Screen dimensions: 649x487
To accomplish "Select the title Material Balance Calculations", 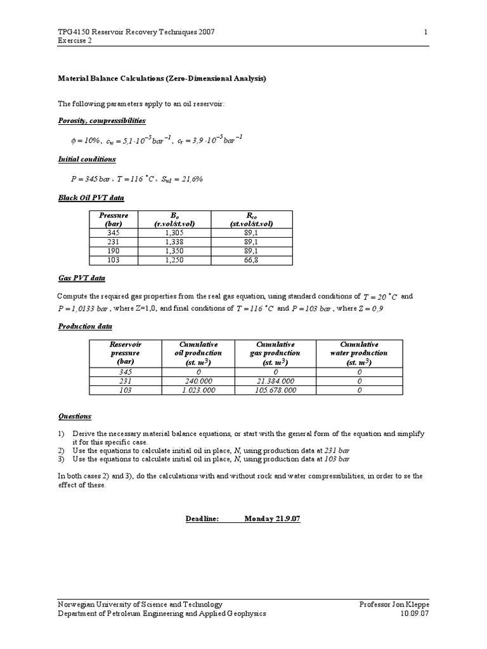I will coord(162,79).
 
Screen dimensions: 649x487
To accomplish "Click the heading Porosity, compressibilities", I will coord(102,120).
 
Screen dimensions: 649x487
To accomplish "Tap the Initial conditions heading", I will coord(87,159).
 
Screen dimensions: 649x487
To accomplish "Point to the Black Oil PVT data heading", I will coord(91,198).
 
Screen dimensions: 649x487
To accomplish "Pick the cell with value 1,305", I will coord(174,233).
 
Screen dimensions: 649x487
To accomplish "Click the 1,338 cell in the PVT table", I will coord(174,241).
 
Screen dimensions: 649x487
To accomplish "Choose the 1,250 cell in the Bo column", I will coord(174,260).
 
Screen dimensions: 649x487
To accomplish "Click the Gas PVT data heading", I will coord(82,278).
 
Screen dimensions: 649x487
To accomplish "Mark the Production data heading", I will coord(85,326).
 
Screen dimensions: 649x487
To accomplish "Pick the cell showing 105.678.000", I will coord(276,391).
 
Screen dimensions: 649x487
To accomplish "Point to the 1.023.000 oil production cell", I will coord(198,391).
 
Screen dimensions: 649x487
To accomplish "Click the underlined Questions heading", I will coord(75,416).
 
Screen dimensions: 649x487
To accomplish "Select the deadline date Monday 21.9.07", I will coord(272,518).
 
